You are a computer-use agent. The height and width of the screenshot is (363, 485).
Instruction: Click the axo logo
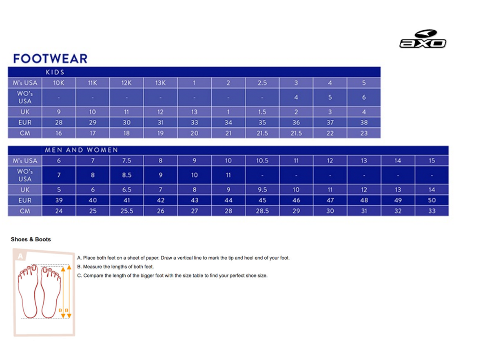[423, 39]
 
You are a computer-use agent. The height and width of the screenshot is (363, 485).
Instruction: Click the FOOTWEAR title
[50, 58]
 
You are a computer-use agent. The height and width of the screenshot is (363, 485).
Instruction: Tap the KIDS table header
[55, 72]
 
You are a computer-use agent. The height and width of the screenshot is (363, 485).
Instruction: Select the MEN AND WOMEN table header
[82, 150]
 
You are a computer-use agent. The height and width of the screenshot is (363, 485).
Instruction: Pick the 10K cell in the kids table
[59, 83]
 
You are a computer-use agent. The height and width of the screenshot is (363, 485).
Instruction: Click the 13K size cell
[160, 83]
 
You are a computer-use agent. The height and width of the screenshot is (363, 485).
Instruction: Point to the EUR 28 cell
[59, 122]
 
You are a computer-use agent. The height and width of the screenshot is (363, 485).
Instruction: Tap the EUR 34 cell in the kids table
[228, 122]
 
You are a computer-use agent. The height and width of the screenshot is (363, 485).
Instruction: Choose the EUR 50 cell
[432, 200]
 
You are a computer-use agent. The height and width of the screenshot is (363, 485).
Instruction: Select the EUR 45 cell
[262, 200]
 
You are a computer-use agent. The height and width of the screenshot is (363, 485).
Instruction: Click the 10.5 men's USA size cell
[262, 161]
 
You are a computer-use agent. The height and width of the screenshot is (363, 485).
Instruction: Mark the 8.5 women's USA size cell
[126, 175]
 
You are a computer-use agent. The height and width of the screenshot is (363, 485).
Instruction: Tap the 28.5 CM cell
[262, 211]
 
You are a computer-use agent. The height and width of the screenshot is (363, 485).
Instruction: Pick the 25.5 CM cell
[126, 211]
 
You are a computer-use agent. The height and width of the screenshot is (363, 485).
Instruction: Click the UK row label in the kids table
[25, 112]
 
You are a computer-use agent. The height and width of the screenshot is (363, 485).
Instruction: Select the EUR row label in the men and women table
[25, 200]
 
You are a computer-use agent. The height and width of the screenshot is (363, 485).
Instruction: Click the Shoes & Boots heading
[31, 240]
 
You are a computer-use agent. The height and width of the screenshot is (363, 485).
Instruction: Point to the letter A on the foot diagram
[20, 256]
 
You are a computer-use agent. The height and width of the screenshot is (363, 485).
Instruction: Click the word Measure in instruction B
[94, 267]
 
